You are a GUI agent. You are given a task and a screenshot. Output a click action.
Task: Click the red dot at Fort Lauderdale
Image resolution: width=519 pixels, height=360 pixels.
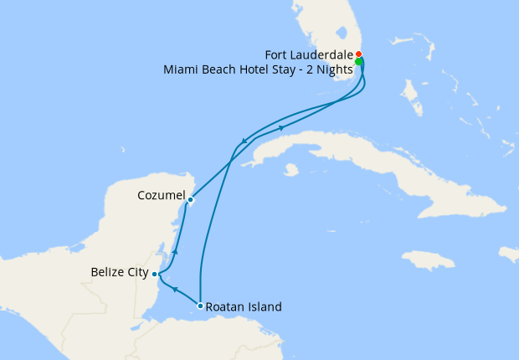(x=359, y=54)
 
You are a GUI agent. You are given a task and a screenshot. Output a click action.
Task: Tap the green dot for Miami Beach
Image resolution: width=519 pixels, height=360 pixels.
(x=359, y=62)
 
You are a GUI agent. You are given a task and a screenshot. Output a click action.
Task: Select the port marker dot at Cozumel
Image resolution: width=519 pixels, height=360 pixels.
(x=191, y=200)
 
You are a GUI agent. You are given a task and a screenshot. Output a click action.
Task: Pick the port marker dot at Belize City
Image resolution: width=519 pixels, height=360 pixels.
(x=155, y=273)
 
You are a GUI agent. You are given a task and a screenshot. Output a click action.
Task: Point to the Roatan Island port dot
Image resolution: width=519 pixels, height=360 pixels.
(x=200, y=306)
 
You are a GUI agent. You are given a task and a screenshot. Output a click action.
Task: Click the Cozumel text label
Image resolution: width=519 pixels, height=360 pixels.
(x=160, y=195)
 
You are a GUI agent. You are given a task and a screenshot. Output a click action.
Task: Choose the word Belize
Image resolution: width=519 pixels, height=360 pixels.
(x=106, y=273)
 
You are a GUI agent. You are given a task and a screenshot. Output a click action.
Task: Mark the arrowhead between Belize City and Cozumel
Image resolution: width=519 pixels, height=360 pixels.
(x=174, y=250)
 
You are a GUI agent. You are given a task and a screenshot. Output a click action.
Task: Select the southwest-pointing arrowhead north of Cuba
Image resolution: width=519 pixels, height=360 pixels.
(x=244, y=141)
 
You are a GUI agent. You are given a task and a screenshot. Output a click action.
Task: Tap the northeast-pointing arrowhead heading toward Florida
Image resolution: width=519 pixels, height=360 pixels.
(x=281, y=127)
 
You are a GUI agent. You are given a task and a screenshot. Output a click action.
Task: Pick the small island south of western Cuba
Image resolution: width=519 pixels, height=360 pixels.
(x=291, y=170)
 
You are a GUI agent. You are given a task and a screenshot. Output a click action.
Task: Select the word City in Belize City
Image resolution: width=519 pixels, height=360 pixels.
(x=137, y=273)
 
